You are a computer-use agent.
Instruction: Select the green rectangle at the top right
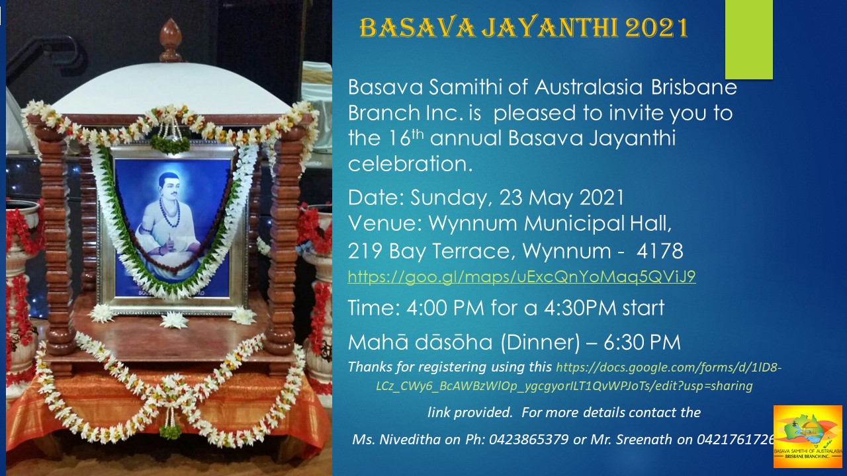(748, 39)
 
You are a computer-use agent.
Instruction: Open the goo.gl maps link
(521, 277)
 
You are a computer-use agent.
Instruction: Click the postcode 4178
(660, 251)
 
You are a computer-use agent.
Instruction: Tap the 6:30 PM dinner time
(642, 342)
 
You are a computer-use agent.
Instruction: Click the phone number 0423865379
(529, 440)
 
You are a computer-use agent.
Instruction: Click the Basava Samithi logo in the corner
(808, 437)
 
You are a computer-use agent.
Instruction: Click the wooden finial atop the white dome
(171, 40)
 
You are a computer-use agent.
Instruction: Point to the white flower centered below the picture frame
(174, 321)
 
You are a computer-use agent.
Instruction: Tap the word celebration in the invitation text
(410, 165)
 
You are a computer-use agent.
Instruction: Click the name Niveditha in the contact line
(410, 440)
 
